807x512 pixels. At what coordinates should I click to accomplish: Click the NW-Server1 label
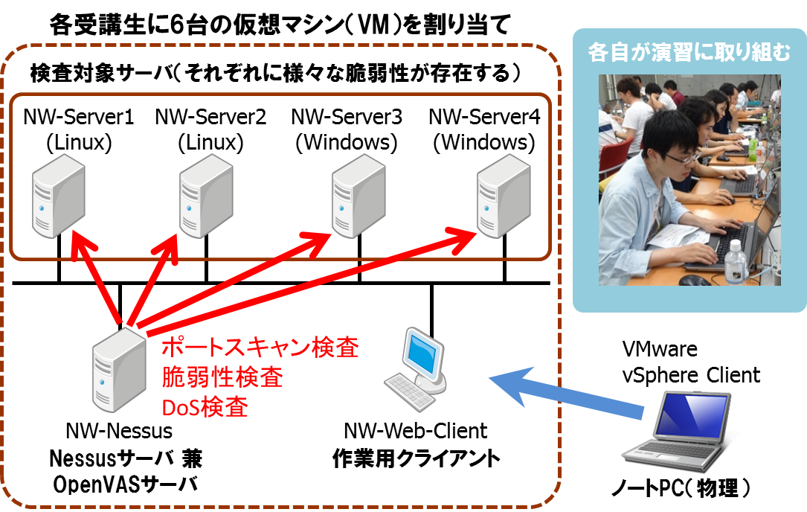(x=78, y=117)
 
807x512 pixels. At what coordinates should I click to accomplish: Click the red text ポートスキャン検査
(x=260, y=348)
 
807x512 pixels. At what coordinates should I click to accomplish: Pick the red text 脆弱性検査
(x=222, y=377)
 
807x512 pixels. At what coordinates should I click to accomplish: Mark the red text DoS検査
(x=205, y=406)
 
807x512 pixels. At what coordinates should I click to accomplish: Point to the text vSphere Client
(x=691, y=374)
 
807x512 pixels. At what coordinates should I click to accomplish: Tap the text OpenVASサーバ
(x=126, y=484)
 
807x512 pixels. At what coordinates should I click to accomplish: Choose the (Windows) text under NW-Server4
(x=483, y=141)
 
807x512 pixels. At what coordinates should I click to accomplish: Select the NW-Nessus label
(x=119, y=431)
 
